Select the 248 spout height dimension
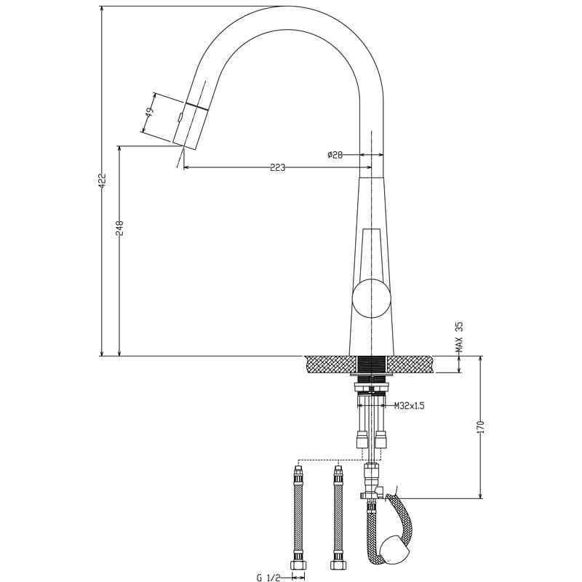tap(120, 228)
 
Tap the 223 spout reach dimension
tap(277, 167)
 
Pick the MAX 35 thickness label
tap(459, 338)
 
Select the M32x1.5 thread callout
tap(409, 406)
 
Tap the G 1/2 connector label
tap(269, 578)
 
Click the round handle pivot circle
tap(371, 298)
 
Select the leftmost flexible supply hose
tap(297, 517)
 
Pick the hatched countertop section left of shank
tap(331, 364)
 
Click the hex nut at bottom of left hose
tap(297, 565)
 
